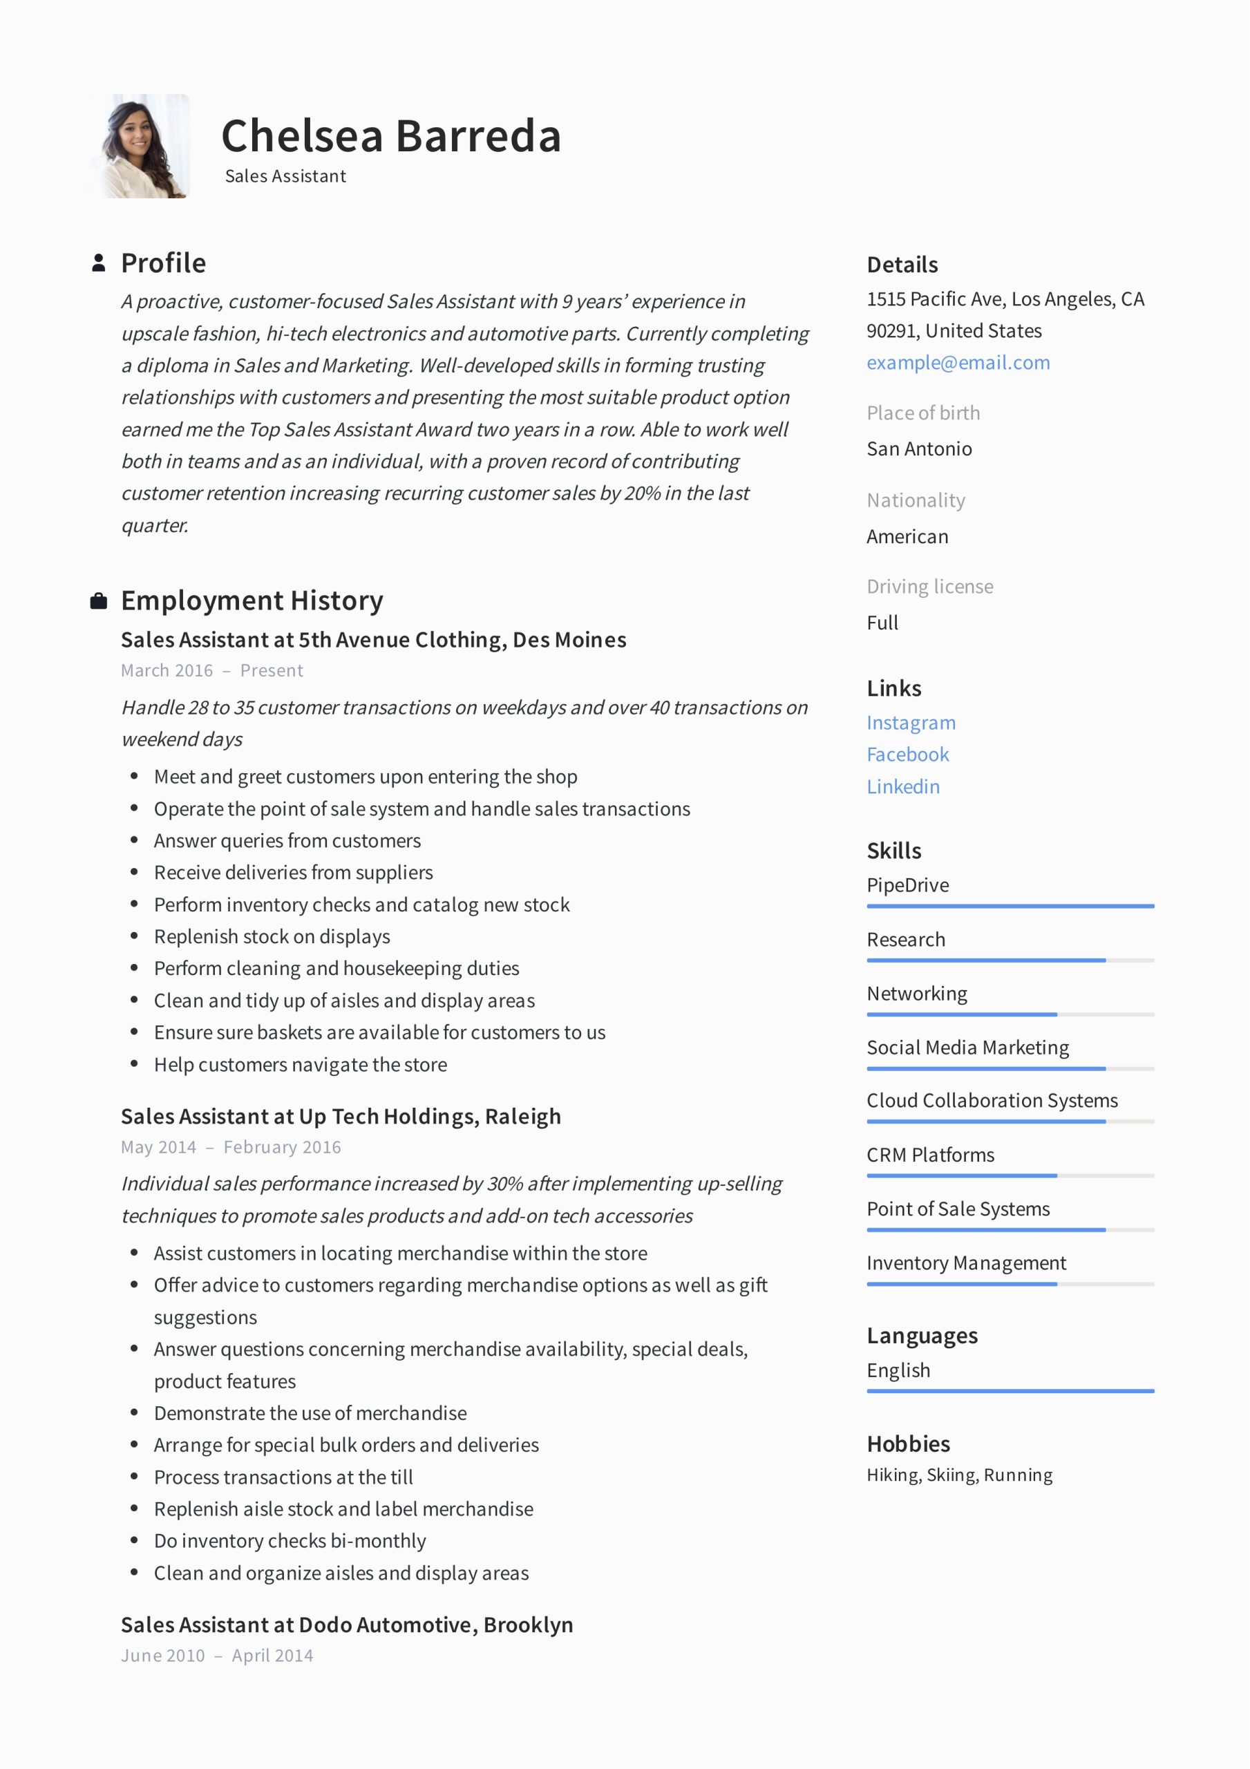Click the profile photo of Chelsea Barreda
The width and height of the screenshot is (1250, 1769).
(141, 146)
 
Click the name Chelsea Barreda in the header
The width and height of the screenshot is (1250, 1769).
(390, 136)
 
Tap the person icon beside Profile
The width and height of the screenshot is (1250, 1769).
(99, 263)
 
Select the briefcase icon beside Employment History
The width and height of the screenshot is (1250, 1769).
(99, 601)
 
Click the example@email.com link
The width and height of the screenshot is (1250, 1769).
(958, 363)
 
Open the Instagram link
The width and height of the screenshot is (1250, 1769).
(911, 723)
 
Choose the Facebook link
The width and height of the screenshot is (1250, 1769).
(908, 755)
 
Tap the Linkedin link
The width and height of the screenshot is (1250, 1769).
(903, 786)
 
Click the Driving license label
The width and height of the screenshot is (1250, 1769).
(929, 587)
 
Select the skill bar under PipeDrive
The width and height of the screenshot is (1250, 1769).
(1010, 906)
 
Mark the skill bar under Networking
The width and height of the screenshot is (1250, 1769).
(1010, 1014)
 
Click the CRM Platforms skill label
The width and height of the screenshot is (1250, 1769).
(930, 1155)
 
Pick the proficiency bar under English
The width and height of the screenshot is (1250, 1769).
(1010, 1392)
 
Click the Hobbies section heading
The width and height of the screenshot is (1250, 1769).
(908, 1444)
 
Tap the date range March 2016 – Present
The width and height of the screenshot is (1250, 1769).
(212, 670)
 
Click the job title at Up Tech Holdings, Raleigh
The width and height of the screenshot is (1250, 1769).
(341, 1117)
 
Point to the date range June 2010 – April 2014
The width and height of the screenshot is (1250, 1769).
(216, 1656)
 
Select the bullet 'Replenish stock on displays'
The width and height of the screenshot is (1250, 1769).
(272, 937)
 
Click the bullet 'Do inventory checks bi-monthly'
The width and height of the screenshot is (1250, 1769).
(290, 1541)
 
